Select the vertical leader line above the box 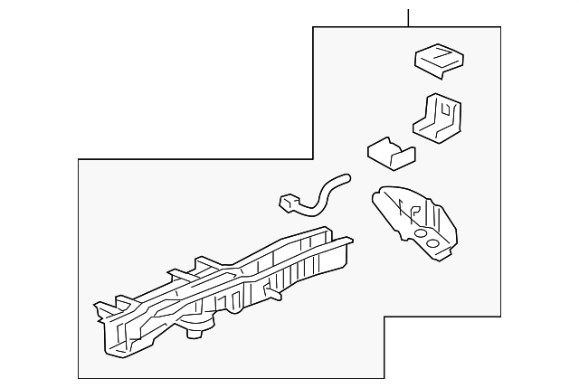(x=409, y=16)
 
